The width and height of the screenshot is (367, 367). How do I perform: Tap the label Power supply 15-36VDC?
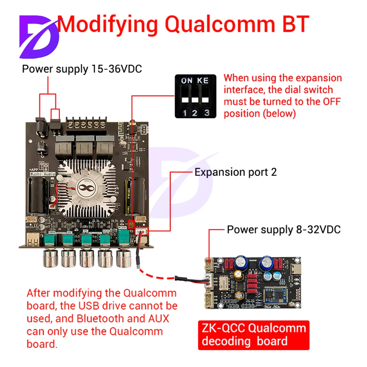pos(82,69)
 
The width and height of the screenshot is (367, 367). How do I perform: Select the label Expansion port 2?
pos(235,172)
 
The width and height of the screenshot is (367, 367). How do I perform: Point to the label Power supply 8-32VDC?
pos(284,230)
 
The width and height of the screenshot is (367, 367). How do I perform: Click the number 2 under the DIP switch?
pos(195,113)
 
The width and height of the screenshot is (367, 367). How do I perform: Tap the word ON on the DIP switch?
pos(187,80)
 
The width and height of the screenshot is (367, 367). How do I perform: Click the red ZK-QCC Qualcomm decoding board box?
pos(254,335)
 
